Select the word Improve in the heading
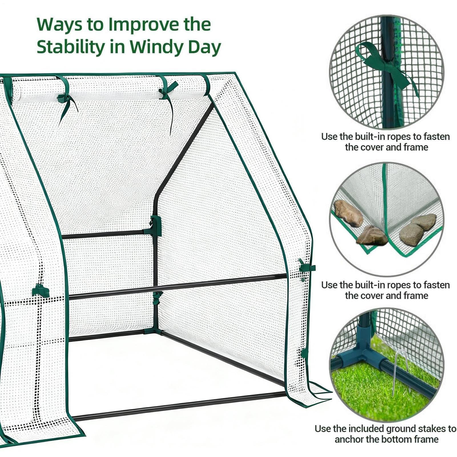pos(144,25)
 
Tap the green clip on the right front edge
pos(307,267)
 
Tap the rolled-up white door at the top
pos(108,88)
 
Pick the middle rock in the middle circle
pos(372,236)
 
